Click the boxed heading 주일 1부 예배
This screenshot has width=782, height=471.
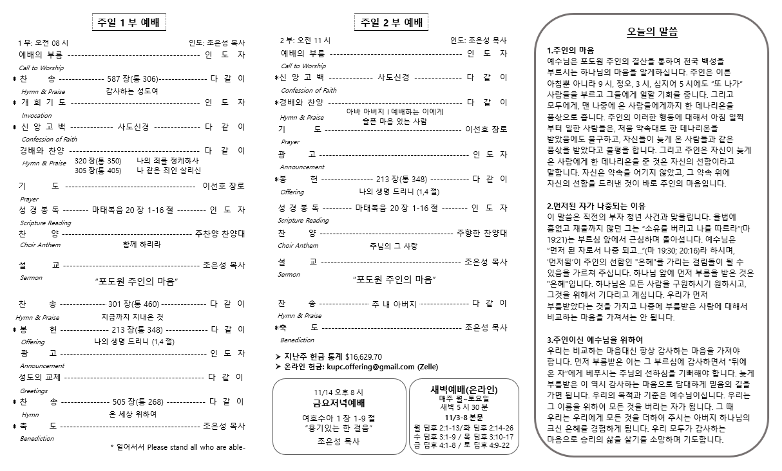coord(129,23)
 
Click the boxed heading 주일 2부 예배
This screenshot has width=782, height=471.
coord(392,23)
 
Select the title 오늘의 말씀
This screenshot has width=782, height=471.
coord(652,32)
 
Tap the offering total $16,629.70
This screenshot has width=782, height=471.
coord(363,356)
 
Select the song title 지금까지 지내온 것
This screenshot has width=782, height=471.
coord(133,317)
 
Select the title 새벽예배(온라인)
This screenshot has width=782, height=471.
coord(464,390)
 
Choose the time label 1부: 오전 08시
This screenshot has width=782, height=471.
coord(43,42)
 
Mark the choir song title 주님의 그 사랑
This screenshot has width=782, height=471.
coord(393,246)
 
